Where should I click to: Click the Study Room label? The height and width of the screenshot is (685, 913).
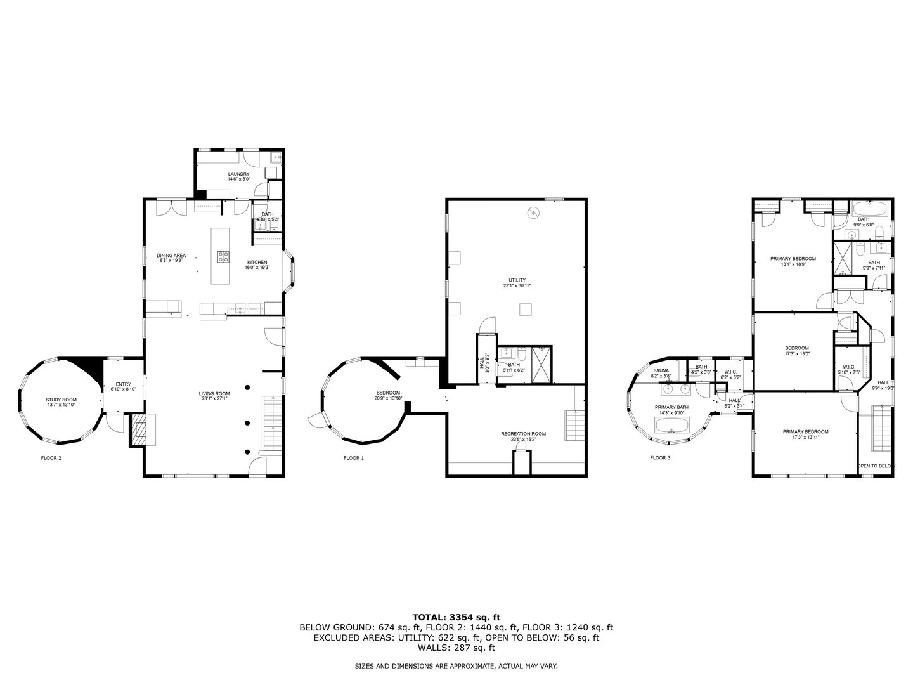coord(61,402)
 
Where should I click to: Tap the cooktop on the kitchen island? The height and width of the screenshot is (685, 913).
coord(224,256)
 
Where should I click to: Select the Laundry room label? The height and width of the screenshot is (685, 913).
coord(239,176)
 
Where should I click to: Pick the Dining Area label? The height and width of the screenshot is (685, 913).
coord(171,258)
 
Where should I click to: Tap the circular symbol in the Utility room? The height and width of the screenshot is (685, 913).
coord(534,213)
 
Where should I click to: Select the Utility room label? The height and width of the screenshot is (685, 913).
coord(517,282)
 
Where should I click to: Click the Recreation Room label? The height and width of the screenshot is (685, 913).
coord(523,436)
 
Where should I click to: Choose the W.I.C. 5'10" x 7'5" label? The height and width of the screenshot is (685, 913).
coord(850,369)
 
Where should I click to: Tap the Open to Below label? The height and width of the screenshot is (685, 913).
coord(876,466)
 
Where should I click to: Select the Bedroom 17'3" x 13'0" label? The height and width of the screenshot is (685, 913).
coord(796,351)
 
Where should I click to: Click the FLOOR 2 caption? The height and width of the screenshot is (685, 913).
coord(51,457)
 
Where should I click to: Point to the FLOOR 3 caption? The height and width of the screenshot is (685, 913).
coord(660,457)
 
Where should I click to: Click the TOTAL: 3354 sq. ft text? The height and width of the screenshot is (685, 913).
coord(456,616)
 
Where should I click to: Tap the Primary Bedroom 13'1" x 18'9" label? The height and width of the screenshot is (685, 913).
coord(793,261)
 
